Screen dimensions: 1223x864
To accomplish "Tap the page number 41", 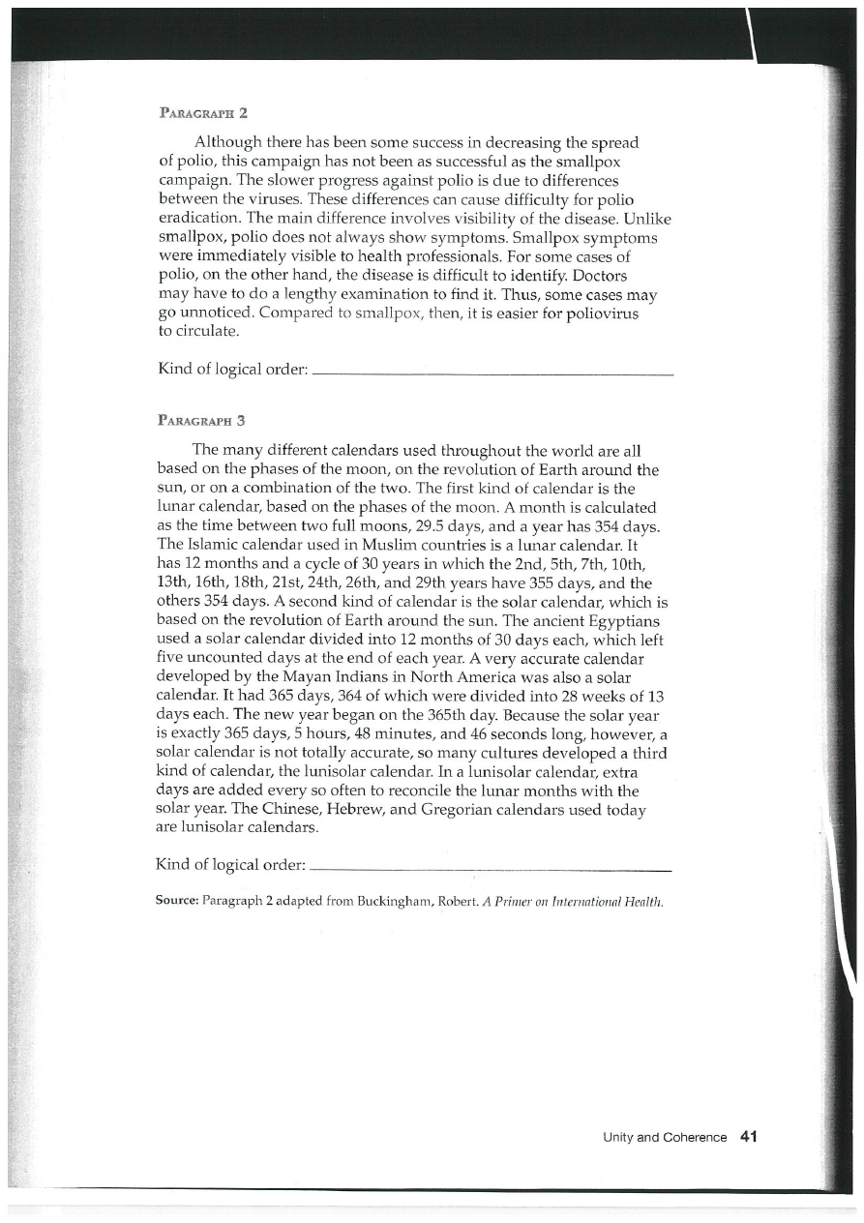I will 747,1137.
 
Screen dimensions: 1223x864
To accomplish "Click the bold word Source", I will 176,901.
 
